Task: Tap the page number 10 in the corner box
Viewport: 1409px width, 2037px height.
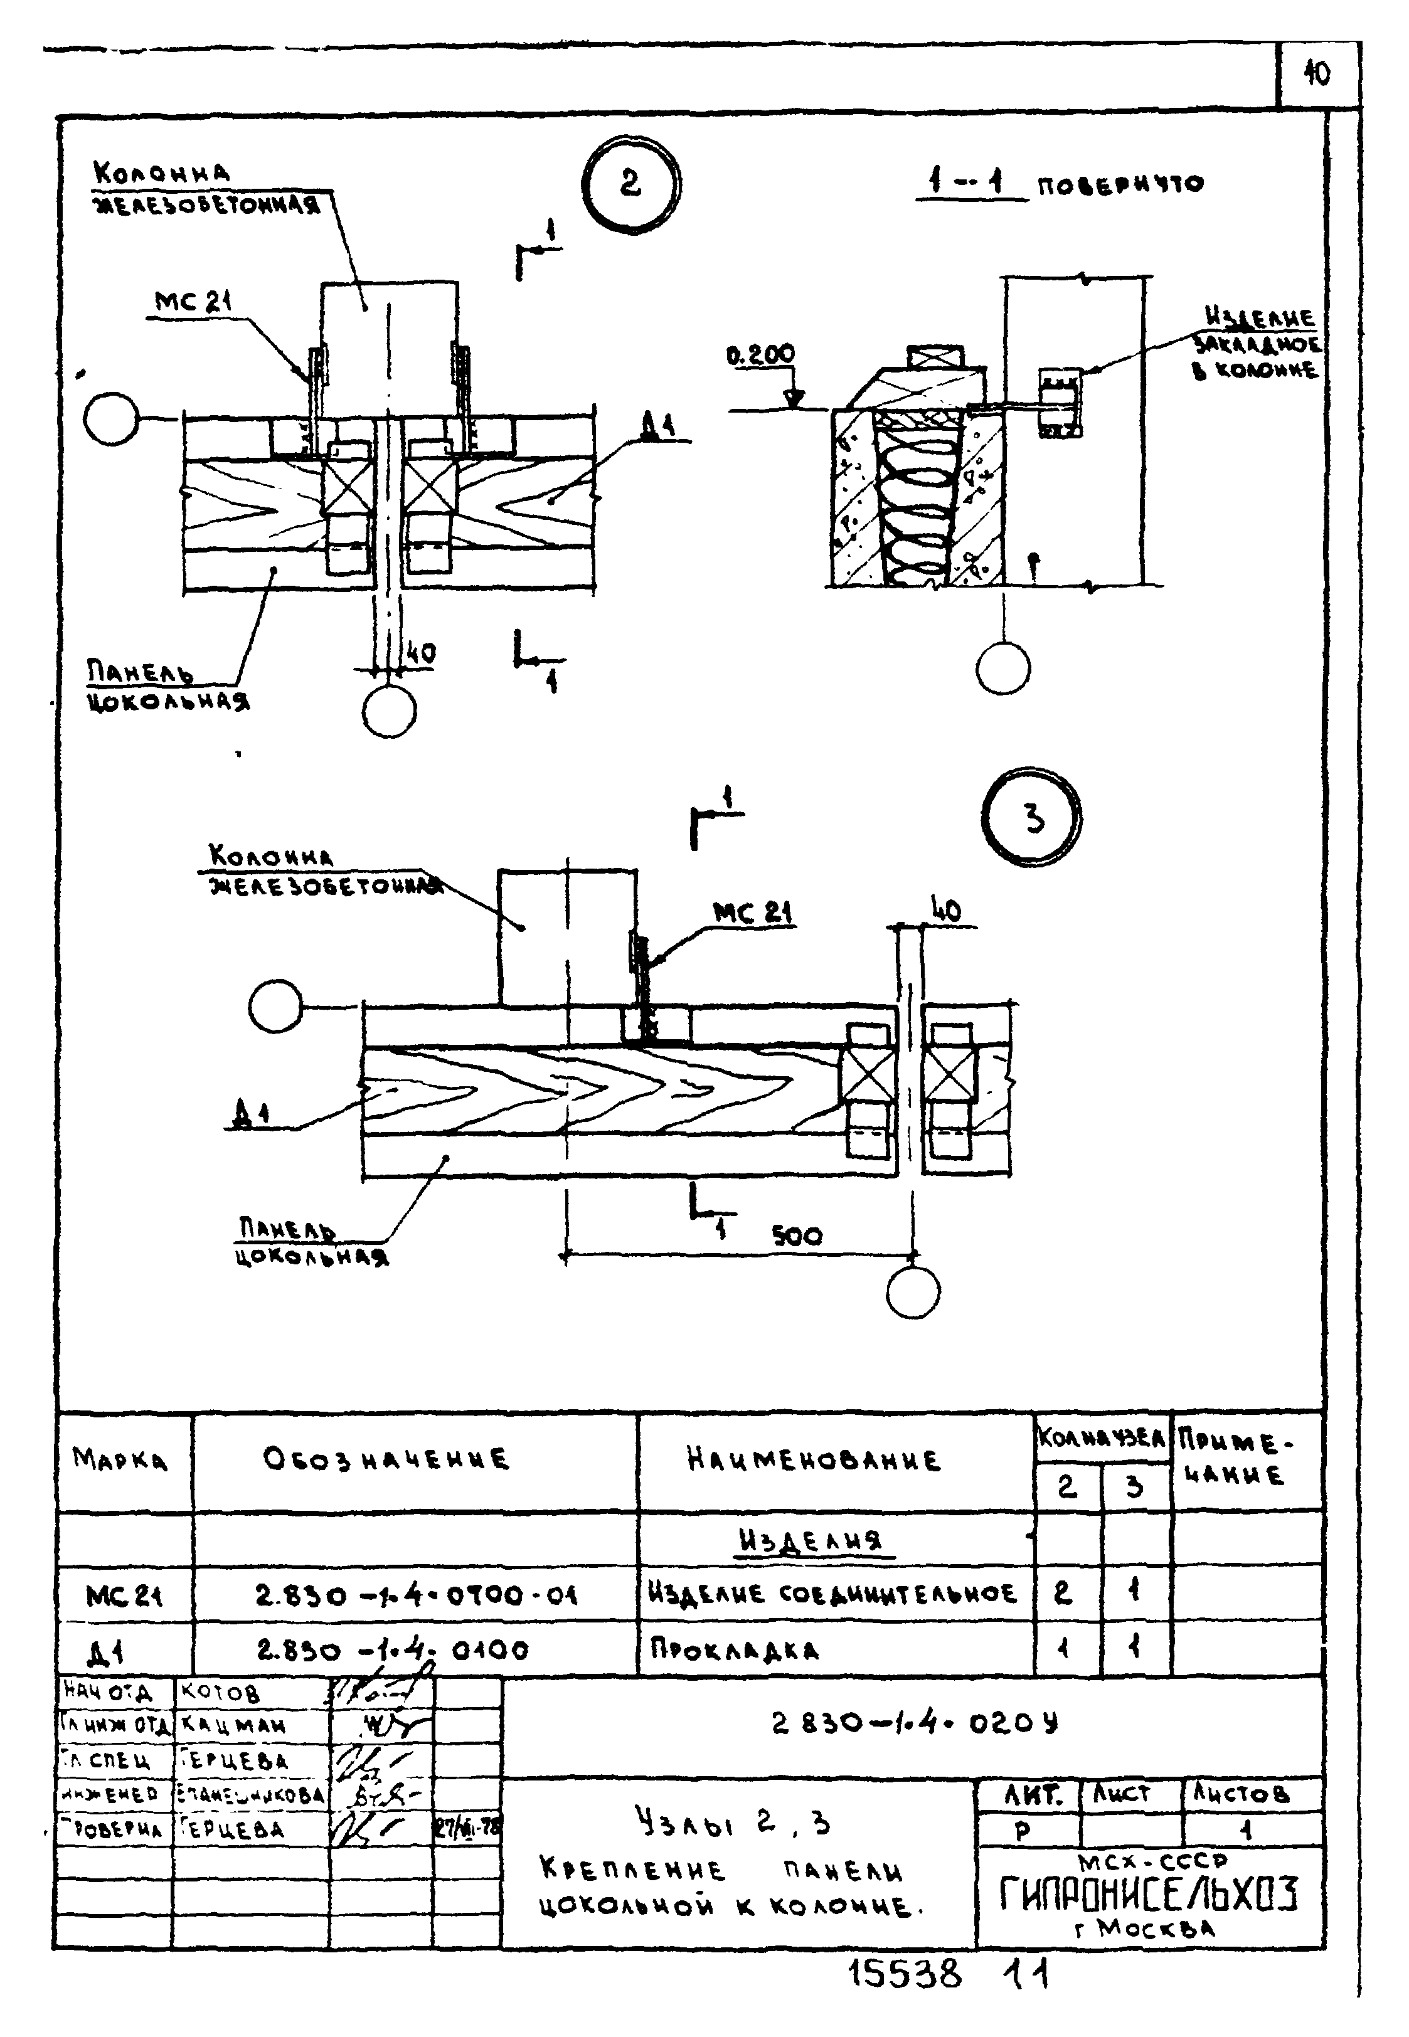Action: click(1316, 74)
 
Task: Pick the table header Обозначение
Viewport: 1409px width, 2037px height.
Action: click(386, 1458)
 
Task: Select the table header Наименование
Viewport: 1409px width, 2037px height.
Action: click(813, 1459)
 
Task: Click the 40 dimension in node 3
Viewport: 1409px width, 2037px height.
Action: click(945, 910)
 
